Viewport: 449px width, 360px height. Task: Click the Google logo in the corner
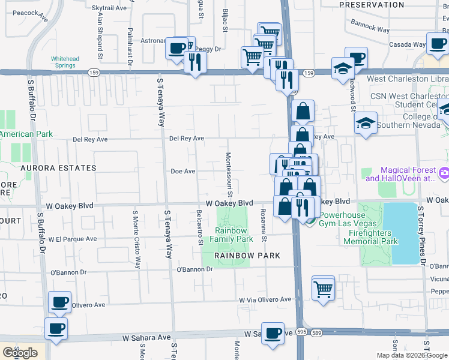[x=20, y=353]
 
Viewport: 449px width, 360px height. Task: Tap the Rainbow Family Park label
[x=231, y=235]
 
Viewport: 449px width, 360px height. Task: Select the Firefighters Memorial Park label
[x=371, y=237]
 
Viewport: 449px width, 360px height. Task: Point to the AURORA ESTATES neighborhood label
[x=59, y=168]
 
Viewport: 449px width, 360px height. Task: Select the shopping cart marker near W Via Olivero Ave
[x=323, y=289]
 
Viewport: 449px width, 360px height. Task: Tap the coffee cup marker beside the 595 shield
[x=273, y=332]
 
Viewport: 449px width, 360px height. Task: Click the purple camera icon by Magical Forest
[x=444, y=173]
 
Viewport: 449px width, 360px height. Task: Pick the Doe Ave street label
[x=183, y=171]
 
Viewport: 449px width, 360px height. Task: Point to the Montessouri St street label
[x=229, y=171]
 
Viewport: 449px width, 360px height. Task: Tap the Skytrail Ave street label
[x=109, y=8]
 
